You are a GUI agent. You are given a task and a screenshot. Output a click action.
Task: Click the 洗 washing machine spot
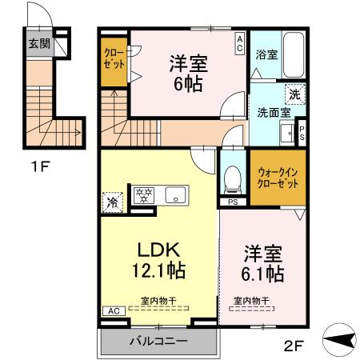[x=294, y=94]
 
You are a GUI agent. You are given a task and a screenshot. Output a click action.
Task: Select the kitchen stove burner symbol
[x=145, y=194]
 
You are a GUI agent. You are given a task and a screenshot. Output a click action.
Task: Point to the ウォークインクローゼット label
[x=277, y=177]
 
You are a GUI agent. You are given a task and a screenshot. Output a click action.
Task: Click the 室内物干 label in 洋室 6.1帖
[x=251, y=302]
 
